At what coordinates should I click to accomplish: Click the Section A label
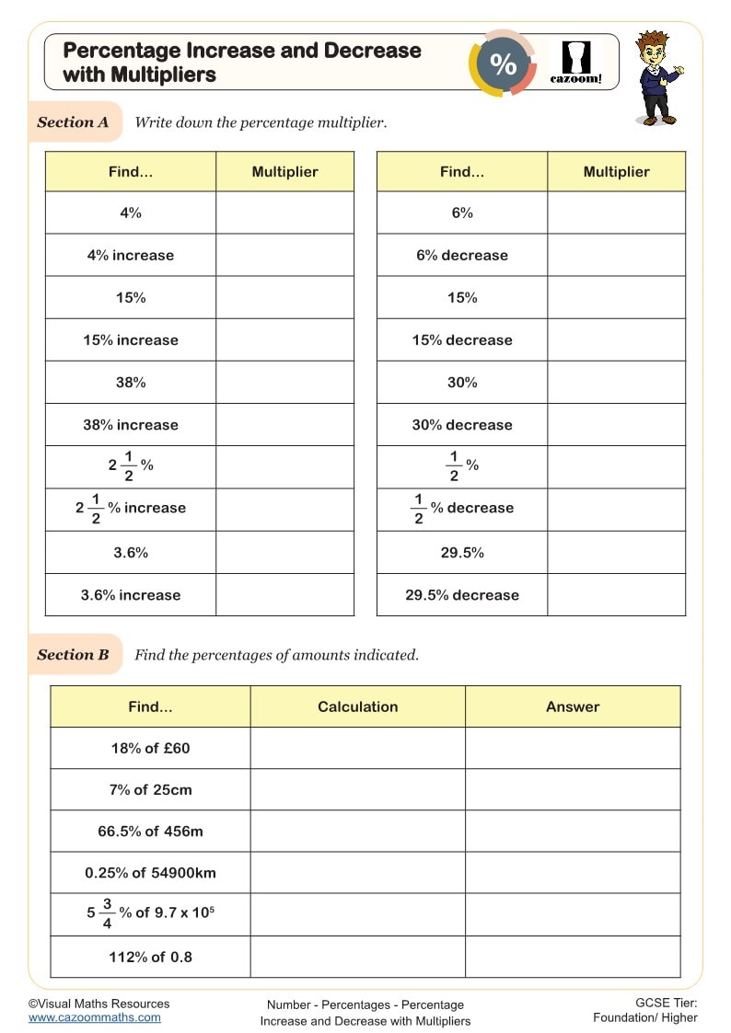click(x=73, y=122)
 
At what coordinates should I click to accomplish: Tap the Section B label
click(x=73, y=655)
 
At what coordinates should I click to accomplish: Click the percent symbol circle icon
click(x=503, y=63)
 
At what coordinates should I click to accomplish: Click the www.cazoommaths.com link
click(x=94, y=1017)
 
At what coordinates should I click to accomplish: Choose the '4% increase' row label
click(x=131, y=255)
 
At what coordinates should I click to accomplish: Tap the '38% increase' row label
click(x=131, y=425)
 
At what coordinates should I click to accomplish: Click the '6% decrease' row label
click(x=462, y=255)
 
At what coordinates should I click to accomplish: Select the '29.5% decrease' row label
click(x=462, y=595)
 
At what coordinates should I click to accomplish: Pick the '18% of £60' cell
click(x=150, y=748)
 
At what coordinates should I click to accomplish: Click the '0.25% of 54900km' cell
click(x=150, y=872)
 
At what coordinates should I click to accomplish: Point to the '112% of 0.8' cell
click(x=150, y=957)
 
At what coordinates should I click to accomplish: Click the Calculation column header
click(x=357, y=706)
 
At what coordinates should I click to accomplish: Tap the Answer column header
click(x=573, y=706)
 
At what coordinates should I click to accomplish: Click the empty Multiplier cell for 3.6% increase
click(x=284, y=595)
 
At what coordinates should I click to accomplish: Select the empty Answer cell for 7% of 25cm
click(x=573, y=789)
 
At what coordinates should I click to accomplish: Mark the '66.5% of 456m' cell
click(x=150, y=831)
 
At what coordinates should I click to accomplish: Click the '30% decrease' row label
click(x=462, y=425)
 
